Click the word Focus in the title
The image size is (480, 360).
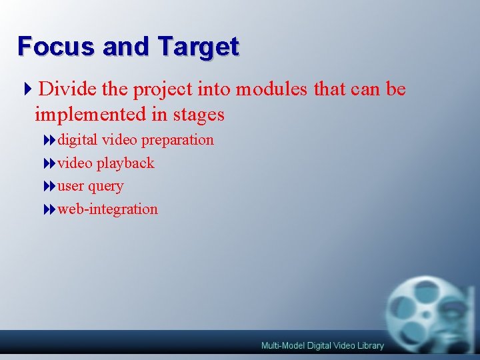click(x=56, y=46)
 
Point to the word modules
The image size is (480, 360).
click(x=271, y=89)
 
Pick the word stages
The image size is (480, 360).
click(x=199, y=115)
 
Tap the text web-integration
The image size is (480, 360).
click(x=107, y=209)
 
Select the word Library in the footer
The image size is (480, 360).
click(x=369, y=345)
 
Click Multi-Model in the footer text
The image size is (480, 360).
click(x=283, y=345)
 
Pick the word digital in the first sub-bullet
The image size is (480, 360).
click(x=77, y=140)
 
